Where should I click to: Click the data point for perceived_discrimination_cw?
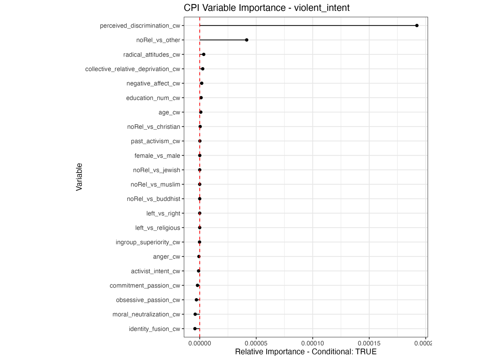click(417, 25)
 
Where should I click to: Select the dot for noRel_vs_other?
click(246, 40)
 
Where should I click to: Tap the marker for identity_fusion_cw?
click(195, 329)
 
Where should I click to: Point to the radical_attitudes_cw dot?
click(204, 54)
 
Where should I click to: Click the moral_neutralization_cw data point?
click(195, 314)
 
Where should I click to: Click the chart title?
click(266, 8)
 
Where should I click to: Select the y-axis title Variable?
click(79, 177)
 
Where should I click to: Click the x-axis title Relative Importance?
click(306, 352)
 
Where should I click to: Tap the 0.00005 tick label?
click(256, 343)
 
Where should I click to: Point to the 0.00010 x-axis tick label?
click(313, 343)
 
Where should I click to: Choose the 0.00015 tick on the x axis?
click(369, 343)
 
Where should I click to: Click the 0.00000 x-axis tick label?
click(199, 343)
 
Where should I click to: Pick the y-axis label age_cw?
click(169, 112)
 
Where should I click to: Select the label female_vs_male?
click(157, 156)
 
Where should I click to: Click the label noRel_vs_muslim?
click(155, 184)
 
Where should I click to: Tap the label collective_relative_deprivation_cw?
click(132, 69)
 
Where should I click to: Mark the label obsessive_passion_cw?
click(148, 300)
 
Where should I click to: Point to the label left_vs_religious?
click(157, 228)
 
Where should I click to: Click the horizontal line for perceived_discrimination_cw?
click(307, 25)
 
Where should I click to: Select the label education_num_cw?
click(153, 98)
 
